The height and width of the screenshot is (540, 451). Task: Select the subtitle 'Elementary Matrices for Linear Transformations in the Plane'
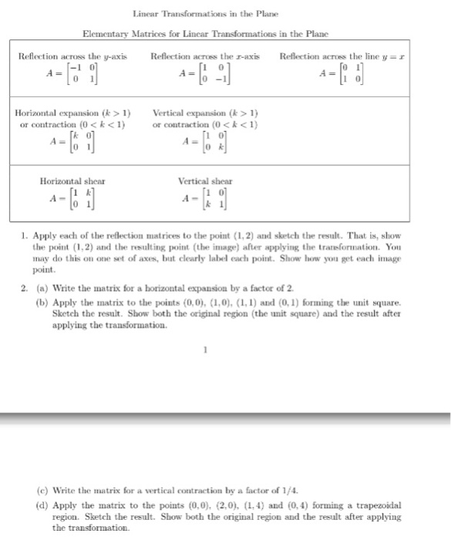205,35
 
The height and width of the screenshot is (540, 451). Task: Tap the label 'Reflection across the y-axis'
72,57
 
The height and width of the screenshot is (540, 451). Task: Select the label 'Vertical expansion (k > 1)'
205,113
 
